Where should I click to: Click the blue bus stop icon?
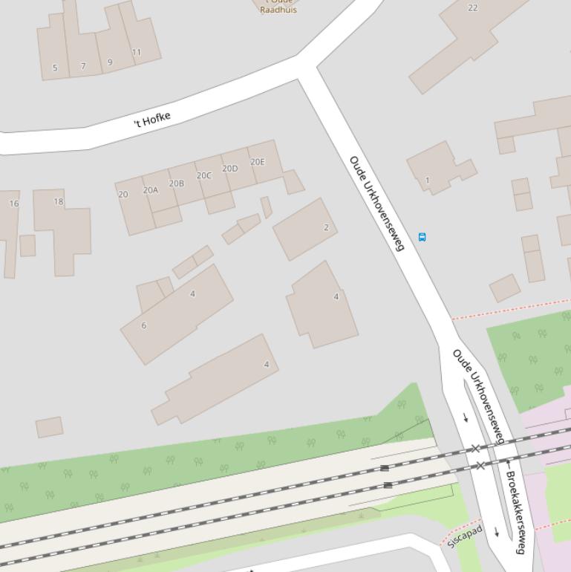click(x=422, y=237)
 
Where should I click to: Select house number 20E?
click(x=258, y=162)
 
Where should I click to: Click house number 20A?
click(x=151, y=190)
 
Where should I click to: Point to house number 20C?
click(x=204, y=176)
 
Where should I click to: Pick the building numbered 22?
click(x=473, y=8)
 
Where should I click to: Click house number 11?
click(x=136, y=53)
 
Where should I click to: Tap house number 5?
click(x=55, y=68)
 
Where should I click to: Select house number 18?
click(x=59, y=201)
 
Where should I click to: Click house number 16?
click(x=14, y=204)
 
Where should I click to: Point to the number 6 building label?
click(x=144, y=325)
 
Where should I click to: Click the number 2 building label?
click(x=326, y=227)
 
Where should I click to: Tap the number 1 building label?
click(x=427, y=181)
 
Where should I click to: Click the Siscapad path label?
click(x=466, y=536)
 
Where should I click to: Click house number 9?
click(x=110, y=62)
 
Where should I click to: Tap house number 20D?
click(x=230, y=169)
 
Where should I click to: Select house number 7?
click(x=83, y=66)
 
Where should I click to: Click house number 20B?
click(x=177, y=183)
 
